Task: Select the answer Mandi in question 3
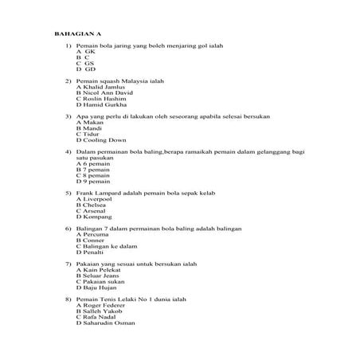(91, 127)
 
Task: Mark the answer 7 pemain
(93, 169)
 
